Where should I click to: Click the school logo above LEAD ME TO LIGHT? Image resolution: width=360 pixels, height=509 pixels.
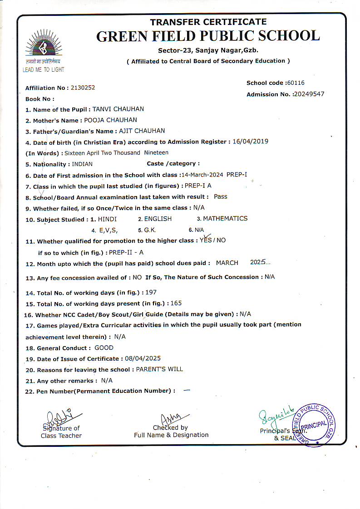click(44, 45)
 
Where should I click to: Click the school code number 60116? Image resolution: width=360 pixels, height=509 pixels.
click(296, 83)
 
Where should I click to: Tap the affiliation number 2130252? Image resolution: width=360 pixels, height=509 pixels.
click(83, 88)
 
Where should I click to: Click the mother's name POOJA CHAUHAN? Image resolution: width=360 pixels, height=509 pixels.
click(111, 120)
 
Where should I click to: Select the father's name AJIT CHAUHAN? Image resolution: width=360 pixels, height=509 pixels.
click(142, 131)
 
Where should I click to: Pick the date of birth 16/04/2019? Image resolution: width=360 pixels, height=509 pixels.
click(250, 142)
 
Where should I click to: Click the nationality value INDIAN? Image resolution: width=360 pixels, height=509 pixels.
click(82, 164)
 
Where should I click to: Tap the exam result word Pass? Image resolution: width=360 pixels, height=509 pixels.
click(221, 197)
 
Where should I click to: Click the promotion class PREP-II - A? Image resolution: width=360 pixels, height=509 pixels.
click(126, 252)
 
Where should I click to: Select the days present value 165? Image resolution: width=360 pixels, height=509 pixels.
click(176, 303)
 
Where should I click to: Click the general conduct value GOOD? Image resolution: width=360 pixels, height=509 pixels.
click(104, 348)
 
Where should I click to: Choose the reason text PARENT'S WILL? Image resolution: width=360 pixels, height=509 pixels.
click(159, 369)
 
